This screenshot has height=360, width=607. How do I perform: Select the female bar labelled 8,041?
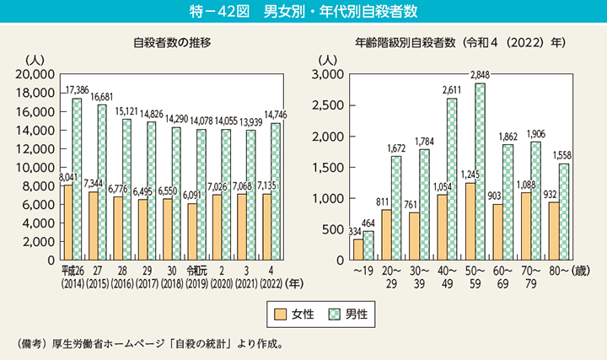click(x=67, y=223)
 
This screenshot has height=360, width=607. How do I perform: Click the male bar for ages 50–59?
click(x=480, y=172)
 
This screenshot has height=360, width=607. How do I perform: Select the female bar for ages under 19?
click(x=358, y=250)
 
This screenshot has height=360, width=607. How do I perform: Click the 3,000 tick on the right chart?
click(x=327, y=74)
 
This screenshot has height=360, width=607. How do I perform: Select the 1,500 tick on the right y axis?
click(x=327, y=167)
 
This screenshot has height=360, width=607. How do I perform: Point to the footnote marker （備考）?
click(x=35, y=344)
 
